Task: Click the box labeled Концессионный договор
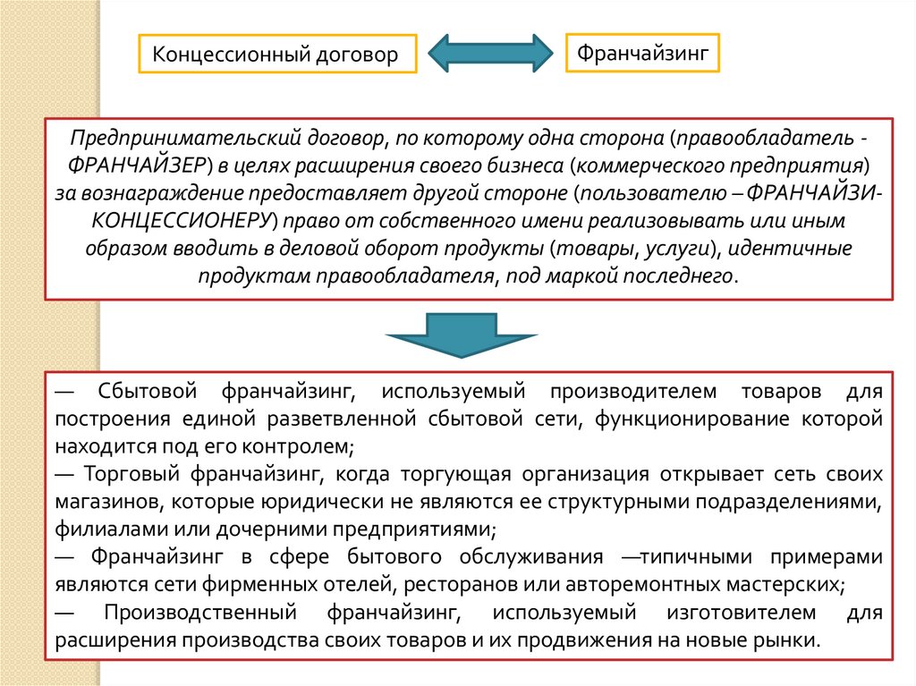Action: point(276,55)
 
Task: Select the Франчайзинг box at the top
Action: point(642,53)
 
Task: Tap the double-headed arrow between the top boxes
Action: point(489,54)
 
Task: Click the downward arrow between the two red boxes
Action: point(461,335)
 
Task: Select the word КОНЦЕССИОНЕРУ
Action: point(181,220)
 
